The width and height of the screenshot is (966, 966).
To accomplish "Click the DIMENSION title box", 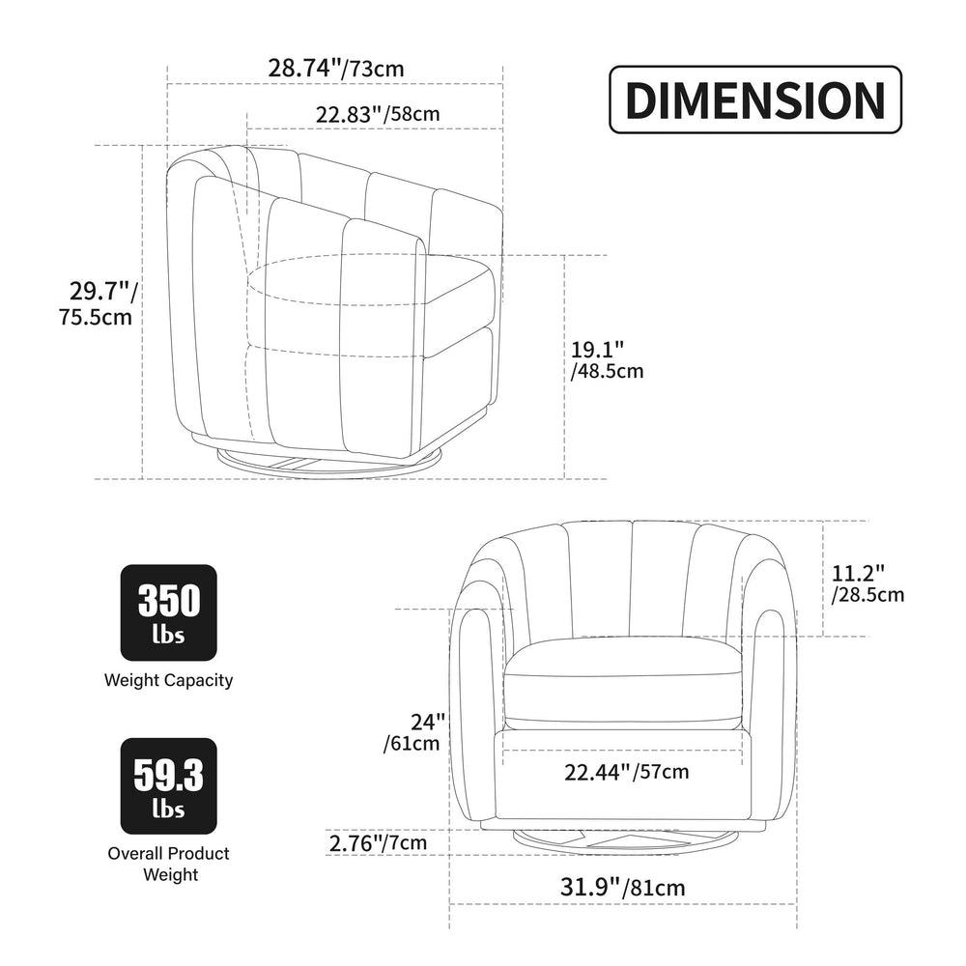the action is point(755,99).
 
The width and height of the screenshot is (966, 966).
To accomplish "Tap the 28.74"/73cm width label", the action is point(336,68).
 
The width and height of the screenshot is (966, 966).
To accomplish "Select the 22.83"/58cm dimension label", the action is point(378,114).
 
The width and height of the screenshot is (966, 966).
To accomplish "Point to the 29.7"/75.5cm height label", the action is point(98,303).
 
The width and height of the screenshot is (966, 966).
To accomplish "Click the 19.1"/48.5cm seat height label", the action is point(607,360).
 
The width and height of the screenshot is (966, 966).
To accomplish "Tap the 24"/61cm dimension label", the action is point(413,732).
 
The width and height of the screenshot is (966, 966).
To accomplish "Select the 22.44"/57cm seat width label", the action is point(627,771).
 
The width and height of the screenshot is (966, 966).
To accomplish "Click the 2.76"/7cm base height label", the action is point(378,842).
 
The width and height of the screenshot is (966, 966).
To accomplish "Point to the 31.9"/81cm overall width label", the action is point(622,887).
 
